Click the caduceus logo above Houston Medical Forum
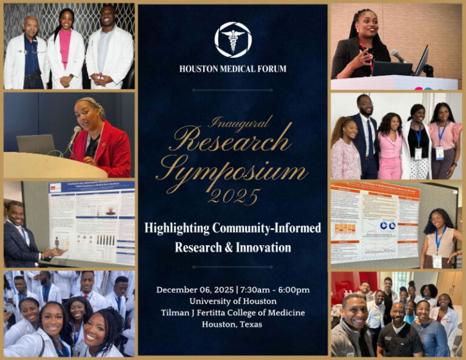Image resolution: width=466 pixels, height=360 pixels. point(232,39)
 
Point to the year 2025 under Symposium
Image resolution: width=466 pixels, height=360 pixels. point(234,196)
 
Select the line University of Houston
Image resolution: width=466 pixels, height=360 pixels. point(232,301)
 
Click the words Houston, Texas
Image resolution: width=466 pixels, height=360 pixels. point(232,324)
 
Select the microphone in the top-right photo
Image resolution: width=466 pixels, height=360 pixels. point(397,56)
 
